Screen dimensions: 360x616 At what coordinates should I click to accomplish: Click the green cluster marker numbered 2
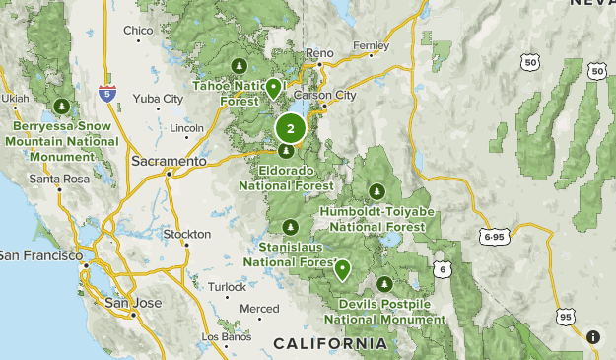[290, 128]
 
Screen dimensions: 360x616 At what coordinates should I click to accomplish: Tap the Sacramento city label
[171, 160]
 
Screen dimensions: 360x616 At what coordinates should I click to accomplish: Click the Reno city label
[320, 52]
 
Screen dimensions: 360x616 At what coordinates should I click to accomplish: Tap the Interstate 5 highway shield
[106, 95]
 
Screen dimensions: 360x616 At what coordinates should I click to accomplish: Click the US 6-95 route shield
[495, 237]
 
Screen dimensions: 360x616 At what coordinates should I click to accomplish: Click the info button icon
[593, 337]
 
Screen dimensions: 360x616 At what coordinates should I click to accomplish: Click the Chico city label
[138, 31]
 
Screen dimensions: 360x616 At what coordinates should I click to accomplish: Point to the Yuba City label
[158, 99]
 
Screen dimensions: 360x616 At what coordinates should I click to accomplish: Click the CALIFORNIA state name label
[330, 343]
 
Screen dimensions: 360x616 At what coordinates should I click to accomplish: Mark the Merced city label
[259, 309]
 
